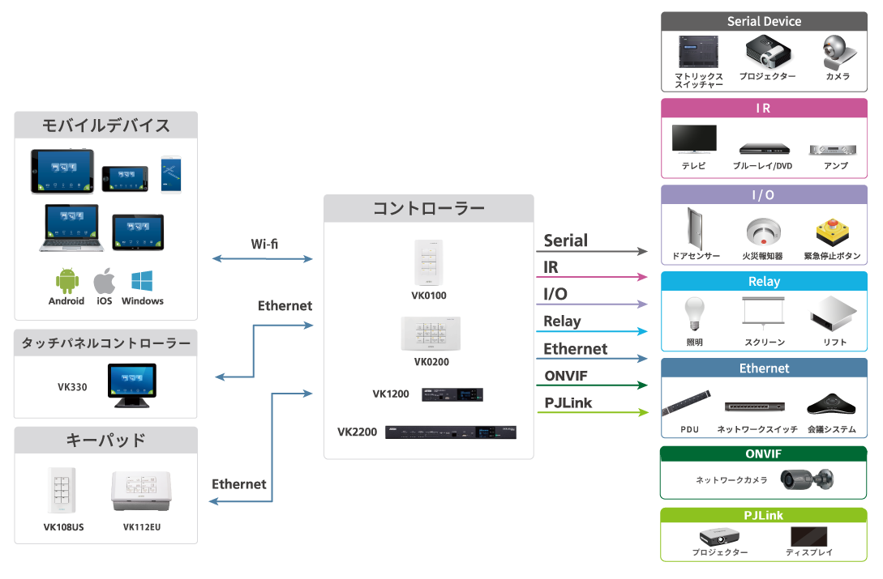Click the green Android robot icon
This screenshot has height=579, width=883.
click(x=66, y=282)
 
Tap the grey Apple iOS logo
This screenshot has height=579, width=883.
click(x=104, y=282)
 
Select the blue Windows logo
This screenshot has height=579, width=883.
click(x=143, y=282)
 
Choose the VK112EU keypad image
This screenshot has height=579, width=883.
click(x=142, y=492)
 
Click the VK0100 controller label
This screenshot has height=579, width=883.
click(x=429, y=296)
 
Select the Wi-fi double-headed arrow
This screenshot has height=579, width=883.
click(x=262, y=259)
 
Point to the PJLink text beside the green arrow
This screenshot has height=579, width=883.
click(x=568, y=402)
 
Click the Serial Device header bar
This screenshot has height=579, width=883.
click(x=764, y=21)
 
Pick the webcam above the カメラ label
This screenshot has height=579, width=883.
click(x=837, y=53)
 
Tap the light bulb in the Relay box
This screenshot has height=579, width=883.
click(x=694, y=314)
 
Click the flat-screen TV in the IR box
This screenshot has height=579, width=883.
click(x=693, y=139)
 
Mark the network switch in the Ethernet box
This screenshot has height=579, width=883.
click(x=757, y=407)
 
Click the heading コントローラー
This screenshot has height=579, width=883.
click(x=428, y=209)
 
